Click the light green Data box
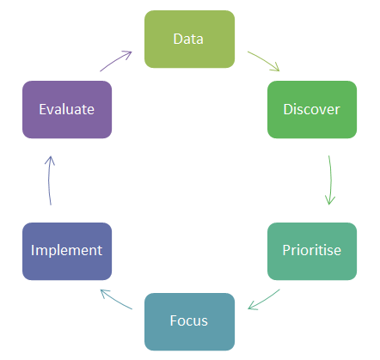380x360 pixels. point(189,40)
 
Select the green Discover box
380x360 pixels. point(312,109)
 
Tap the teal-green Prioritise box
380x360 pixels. point(312,251)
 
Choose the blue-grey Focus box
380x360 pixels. point(189,321)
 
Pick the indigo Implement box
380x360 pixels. point(67,251)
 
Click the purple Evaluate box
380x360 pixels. point(67,109)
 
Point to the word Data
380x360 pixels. point(188,39)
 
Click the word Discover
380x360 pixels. point(311,109)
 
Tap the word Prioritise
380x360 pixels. point(312,250)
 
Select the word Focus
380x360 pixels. point(188,320)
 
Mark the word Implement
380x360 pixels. point(66,251)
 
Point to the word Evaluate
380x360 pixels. point(66,109)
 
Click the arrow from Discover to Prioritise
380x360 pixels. point(331,180)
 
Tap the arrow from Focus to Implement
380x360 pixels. point(115,300)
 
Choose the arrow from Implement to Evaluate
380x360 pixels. point(49,180)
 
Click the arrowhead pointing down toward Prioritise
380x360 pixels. point(330,200)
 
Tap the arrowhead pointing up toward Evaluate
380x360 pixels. point(50,161)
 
